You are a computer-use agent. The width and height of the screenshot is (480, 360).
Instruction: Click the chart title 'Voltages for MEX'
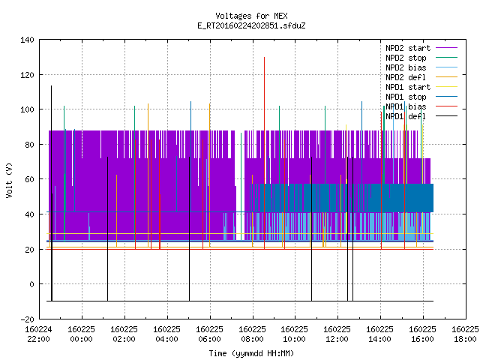(251, 16)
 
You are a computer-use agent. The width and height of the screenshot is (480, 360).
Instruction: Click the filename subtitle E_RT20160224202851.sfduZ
(251, 25)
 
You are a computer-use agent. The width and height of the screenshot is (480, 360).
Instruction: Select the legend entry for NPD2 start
(421, 48)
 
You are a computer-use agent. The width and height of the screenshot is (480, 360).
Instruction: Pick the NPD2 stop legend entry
(421, 58)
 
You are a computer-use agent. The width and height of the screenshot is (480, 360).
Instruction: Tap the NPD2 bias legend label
(406, 67)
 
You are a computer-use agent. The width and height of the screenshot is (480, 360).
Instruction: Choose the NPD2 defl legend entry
(421, 77)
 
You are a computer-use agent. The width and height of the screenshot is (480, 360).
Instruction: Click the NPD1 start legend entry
(421, 87)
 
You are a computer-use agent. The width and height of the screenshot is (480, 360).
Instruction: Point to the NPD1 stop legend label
(406, 97)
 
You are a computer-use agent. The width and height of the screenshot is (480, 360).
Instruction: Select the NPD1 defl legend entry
(421, 117)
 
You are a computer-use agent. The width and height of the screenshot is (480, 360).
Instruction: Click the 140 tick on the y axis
(27, 40)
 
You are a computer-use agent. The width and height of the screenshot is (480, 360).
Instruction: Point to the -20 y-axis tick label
(27, 319)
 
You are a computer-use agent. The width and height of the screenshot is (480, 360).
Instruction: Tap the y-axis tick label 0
(31, 284)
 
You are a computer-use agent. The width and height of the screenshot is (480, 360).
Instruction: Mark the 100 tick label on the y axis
(27, 109)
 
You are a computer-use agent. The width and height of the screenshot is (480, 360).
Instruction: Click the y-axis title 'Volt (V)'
(9, 180)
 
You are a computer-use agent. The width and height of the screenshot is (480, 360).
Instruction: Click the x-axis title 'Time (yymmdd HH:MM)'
(251, 353)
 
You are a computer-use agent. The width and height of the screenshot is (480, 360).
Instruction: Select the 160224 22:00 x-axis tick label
(38, 334)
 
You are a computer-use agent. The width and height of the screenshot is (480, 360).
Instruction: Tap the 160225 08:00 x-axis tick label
(252, 334)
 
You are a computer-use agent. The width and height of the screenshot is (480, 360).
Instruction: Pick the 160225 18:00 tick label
(465, 334)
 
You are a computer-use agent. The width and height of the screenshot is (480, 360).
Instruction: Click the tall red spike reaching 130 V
(264, 153)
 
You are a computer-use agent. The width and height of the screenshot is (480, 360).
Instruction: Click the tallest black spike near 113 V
(52, 193)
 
